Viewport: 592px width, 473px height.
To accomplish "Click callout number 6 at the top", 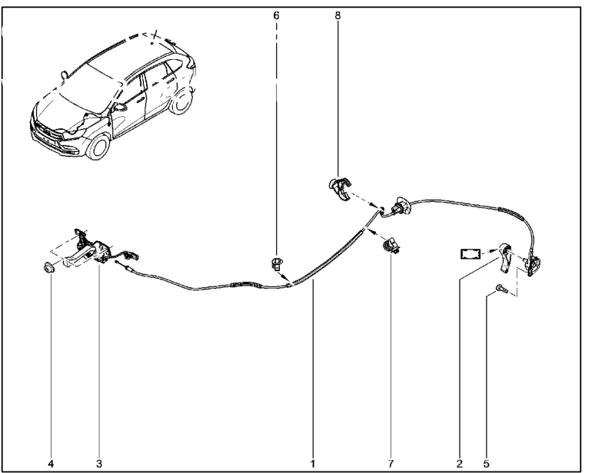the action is click(276, 15).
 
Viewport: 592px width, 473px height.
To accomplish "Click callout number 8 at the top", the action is click(338, 15).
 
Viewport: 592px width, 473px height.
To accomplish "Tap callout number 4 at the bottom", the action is click(51, 463).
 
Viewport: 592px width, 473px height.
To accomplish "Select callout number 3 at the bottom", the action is click(99, 463).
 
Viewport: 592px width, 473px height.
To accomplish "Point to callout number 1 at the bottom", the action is click(313, 463).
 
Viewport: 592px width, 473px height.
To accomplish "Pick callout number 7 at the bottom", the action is click(391, 463).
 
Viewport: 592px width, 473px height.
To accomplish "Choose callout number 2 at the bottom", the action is click(460, 463).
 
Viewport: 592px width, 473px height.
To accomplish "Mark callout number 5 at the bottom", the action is click(486, 463).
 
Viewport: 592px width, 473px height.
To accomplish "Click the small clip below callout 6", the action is click(276, 263).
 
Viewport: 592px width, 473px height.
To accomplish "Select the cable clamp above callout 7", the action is click(391, 245).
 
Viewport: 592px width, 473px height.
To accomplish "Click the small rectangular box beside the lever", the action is click(471, 253).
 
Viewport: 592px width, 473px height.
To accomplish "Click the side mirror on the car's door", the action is click(120, 107).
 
